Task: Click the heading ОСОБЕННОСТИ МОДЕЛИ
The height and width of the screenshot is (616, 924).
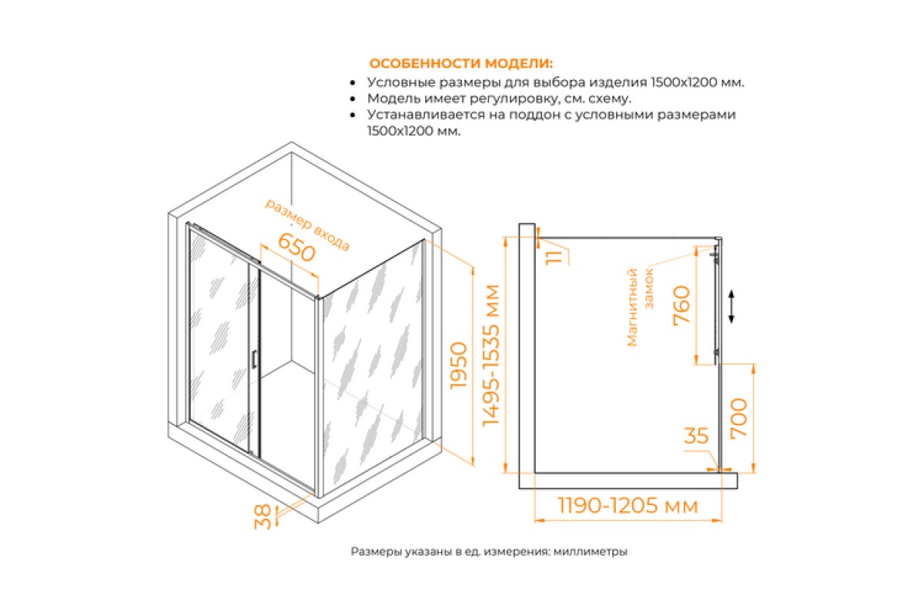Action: tap(460, 64)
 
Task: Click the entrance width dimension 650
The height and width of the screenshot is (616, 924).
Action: tap(296, 247)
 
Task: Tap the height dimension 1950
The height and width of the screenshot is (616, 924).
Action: tap(459, 366)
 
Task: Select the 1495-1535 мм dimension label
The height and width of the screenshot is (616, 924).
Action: tap(491, 355)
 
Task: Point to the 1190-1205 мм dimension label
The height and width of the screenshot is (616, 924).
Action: tap(628, 505)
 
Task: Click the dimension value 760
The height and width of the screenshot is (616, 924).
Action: tap(681, 306)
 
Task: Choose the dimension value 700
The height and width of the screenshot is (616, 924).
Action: tap(738, 418)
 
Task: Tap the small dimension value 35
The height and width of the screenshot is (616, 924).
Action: tap(696, 436)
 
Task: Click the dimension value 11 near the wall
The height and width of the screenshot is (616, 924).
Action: tap(554, 257)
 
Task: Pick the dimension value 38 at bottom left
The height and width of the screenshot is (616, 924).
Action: tap(263, 517)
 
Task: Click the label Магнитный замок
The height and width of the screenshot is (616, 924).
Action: tap(640, 307)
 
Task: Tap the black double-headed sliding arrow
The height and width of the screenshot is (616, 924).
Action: tap(731, 306)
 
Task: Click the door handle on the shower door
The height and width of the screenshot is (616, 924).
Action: tap(254, 359)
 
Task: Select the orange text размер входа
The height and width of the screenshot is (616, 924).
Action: tap(307, 224)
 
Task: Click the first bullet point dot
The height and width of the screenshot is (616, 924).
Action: tap(353, 83)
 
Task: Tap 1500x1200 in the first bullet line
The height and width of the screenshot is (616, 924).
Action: tap(684, 82)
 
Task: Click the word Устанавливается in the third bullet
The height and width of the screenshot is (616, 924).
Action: tap(426, 115)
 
